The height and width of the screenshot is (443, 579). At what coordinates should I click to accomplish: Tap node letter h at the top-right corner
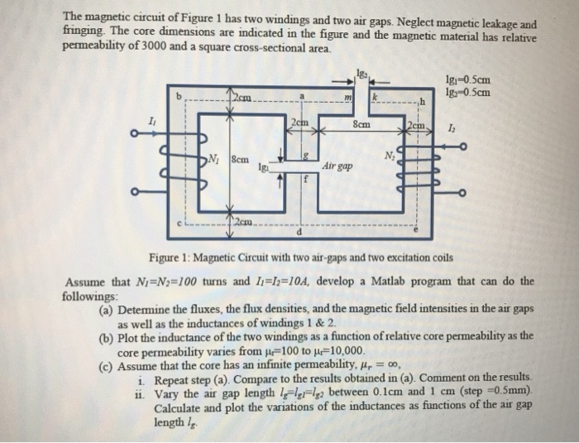tap(423, 102)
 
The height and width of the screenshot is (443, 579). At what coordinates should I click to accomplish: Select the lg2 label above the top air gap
tap(357, 75)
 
